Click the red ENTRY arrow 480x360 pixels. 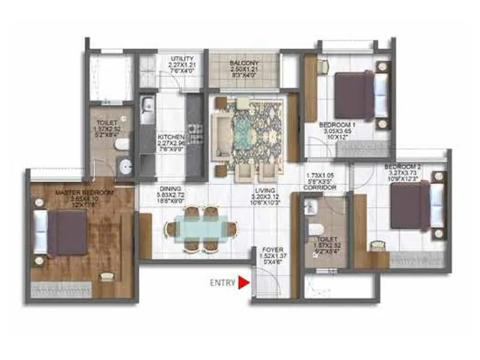pyautogui.click(x=244, y=282)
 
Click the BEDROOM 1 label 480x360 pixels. pyautogui.click(x=334, y=125)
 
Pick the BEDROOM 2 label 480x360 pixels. pyautogui.click(x=400, y=166)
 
